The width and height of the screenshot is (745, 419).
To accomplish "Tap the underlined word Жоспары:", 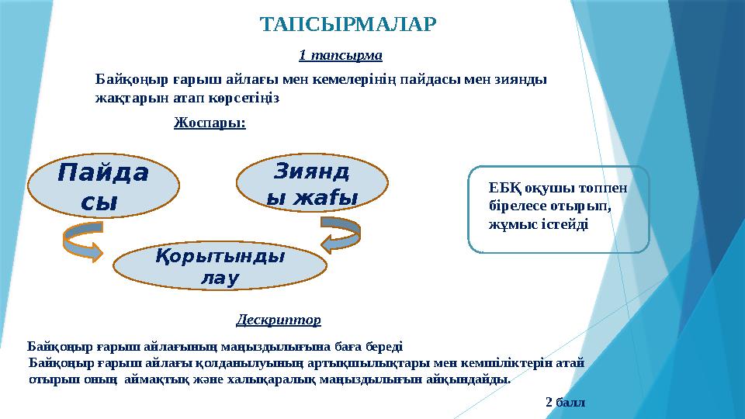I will coord(210,123).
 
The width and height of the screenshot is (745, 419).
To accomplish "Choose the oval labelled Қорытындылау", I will coord(220,266).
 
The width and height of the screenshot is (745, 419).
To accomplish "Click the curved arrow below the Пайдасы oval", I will coord(81,240).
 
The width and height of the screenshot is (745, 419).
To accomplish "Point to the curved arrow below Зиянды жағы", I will coord(340,234).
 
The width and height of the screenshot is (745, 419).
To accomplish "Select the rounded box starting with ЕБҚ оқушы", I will coord(558,209).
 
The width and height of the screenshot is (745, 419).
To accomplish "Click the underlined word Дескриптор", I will coord(278,319).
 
